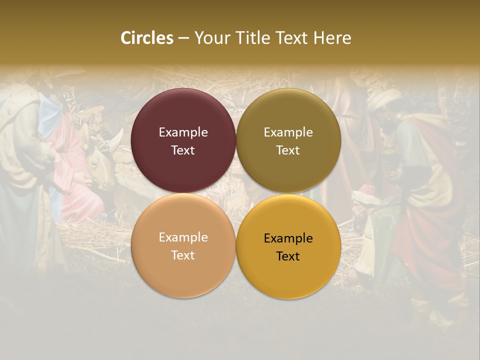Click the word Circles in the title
pyautogui.click(x=147, y=38)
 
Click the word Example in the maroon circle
pyautogui.click(x=183, y=132)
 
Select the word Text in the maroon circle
pyautogui.click(x=183, y=150)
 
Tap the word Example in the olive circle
pyautogui.click(x=288, y=132)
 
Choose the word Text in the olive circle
pyautogui.click(x=288, y=150)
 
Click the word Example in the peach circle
pyautogui.click(x=183, y=237)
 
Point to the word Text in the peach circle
pyautogui.click(x=183, y=255)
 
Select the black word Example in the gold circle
pyautogui.click(x=288, y=238)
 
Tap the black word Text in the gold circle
pyautogui.click(x=288, y=256)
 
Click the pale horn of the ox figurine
pyautogui.click(x=116, y=139)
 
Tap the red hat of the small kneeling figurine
pyautogui.click(x=367, y=190)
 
